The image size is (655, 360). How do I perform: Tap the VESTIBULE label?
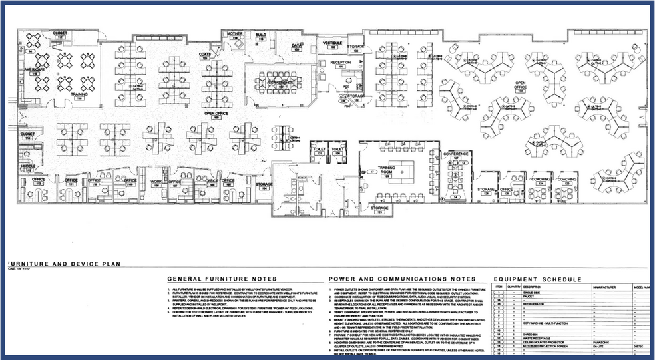332,43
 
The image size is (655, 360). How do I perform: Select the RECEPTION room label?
341,63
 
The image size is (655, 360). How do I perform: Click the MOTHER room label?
235,33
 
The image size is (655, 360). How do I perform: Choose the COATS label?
205,55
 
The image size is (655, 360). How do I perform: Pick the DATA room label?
297,46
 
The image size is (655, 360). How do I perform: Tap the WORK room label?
156,180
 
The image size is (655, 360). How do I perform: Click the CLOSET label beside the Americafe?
60,32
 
